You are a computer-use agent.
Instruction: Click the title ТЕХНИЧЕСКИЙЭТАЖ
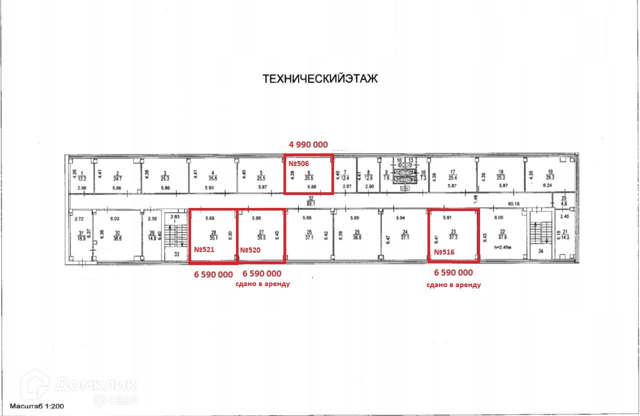320,79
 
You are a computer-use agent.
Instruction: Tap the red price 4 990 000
308,144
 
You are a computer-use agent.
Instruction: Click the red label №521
204,249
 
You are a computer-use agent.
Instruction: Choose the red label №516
444,252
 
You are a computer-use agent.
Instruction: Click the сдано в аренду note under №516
453,284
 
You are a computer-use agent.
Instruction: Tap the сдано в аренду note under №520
262,283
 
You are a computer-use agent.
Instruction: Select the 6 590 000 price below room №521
213,274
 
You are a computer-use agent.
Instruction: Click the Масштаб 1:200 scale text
37,407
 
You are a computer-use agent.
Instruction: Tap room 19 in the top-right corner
549,174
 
